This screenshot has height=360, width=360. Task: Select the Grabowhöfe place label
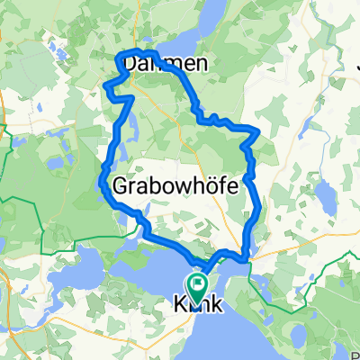point(176,186)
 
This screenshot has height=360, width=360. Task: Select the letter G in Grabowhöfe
point(124,186)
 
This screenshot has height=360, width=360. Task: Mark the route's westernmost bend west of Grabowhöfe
point(101,180)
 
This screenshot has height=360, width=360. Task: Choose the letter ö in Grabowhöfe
point(205,186)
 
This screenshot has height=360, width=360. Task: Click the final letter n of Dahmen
point(187,65)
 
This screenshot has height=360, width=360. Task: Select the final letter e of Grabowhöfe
point(229,186)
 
